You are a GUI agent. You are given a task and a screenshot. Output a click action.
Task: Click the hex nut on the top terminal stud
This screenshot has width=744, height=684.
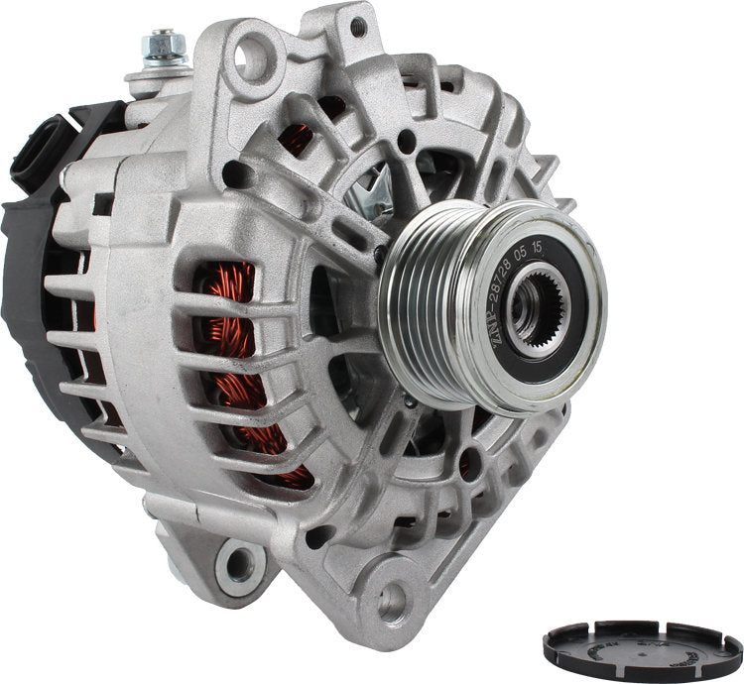(162, 45)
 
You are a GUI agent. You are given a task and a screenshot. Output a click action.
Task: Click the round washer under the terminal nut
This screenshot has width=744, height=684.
(159, 60)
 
